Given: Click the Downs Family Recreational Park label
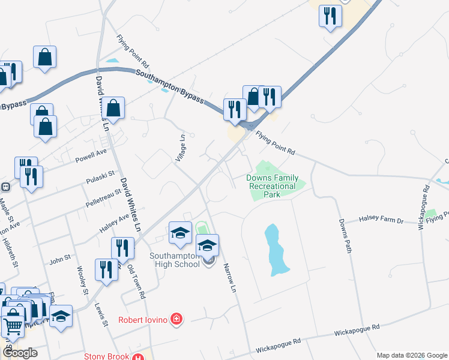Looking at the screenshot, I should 272,186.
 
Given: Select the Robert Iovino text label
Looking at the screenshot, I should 144,319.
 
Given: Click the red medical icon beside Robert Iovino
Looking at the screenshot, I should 176,319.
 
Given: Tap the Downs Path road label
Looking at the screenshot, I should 344,235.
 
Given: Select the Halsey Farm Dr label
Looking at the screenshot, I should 381,221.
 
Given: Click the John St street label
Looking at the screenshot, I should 60,260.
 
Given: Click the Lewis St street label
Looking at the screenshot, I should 101,314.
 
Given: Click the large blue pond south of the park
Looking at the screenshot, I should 274,249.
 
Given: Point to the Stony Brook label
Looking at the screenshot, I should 107,356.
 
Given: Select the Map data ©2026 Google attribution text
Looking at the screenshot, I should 411,355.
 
